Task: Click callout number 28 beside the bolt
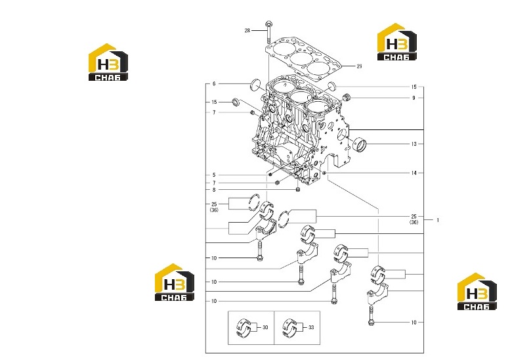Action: coord(247,31)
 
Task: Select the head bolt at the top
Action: coord(268,32)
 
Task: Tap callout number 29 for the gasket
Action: coord(359,66)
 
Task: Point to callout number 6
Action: coord(214,84)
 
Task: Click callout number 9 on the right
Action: coord(414,98)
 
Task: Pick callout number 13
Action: coord(414,144)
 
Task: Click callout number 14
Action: coord(414,173)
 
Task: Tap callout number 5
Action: coord(214,175)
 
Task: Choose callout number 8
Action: coord(214,190)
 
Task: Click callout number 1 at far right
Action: coord(438,220)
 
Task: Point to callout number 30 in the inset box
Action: coord(265,327)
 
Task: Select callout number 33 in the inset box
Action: coord(311,327)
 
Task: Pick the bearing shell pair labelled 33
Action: coord(289,328)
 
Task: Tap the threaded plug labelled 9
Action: coord(347,97)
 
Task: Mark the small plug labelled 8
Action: coord(297,189)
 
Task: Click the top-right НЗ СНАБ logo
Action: coord(397,41)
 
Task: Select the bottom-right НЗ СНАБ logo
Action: coord(477,291)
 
